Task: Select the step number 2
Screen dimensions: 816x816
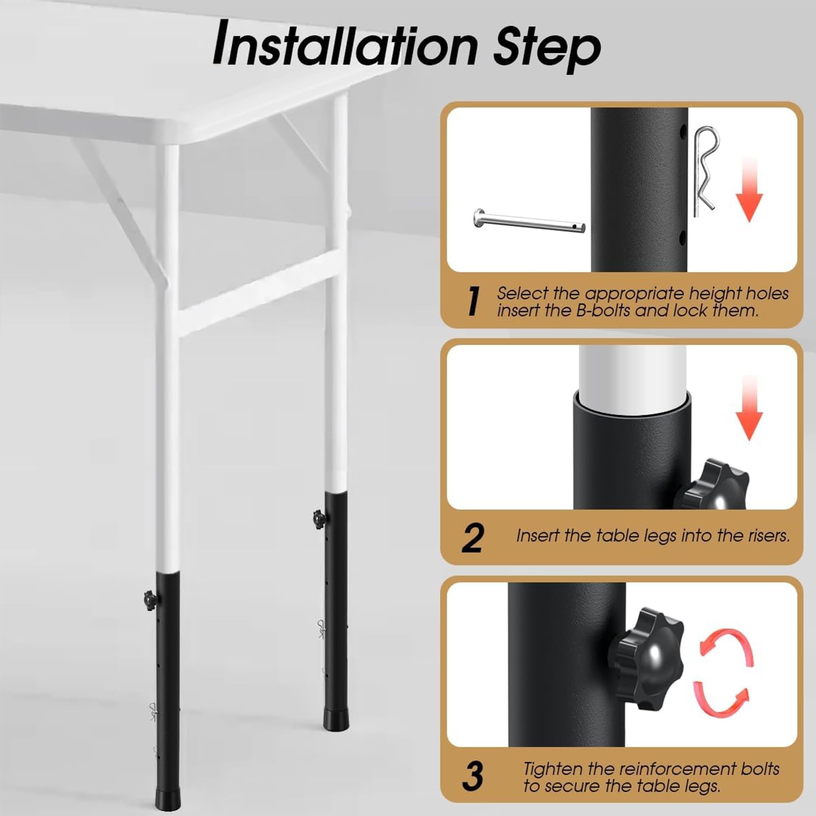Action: pyautogui.click(x=472, y=538)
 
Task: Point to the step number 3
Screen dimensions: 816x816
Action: pyautogui.click(x=472, y=776)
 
